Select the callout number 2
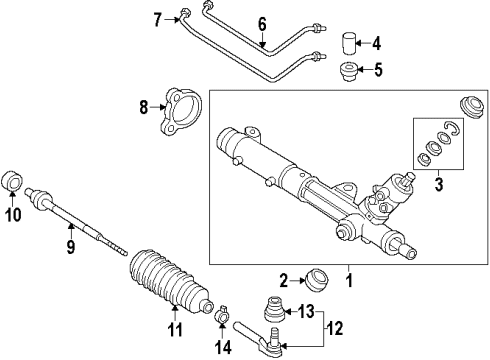pyautogui.click(x=284, y=279)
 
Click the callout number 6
pyautogui.click(x=261, y=22)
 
